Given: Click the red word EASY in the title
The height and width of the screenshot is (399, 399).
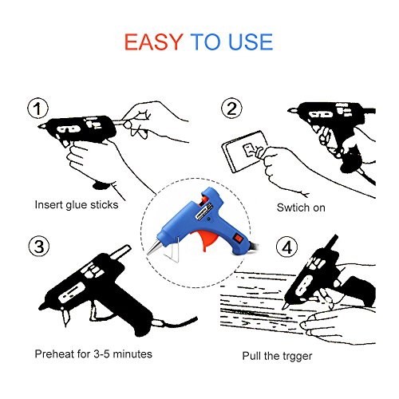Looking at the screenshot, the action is [x=154, y=42].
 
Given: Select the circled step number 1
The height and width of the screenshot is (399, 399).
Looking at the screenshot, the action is [x=38, y=108].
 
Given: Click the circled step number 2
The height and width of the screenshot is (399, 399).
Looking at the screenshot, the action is [x=231, y=108].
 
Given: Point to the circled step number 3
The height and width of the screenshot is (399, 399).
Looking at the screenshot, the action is [x=39, y=246].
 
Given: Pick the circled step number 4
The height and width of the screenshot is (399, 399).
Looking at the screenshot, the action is [x=286, y=247].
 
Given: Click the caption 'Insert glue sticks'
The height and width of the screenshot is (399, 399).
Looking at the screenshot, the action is [x=77, y=205].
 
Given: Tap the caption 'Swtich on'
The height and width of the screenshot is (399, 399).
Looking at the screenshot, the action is [x=301, y=207].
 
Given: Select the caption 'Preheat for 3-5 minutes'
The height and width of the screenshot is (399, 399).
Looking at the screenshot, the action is [x=93, y=354].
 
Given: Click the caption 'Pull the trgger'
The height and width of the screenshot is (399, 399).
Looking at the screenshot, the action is [x=277, y=356].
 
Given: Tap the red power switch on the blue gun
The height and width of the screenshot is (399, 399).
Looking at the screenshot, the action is [x=239, y=238].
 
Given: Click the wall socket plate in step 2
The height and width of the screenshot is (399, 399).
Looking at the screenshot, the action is [x=245, y=152].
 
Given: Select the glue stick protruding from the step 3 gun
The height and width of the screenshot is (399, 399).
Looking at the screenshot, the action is [x=120, y=251].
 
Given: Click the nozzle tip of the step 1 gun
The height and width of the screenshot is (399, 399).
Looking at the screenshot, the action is [x=39, y=126].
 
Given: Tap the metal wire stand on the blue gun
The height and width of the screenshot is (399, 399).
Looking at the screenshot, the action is [x=172, y=251].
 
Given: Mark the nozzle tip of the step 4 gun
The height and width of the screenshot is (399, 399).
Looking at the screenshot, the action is [x=284, y=307].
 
